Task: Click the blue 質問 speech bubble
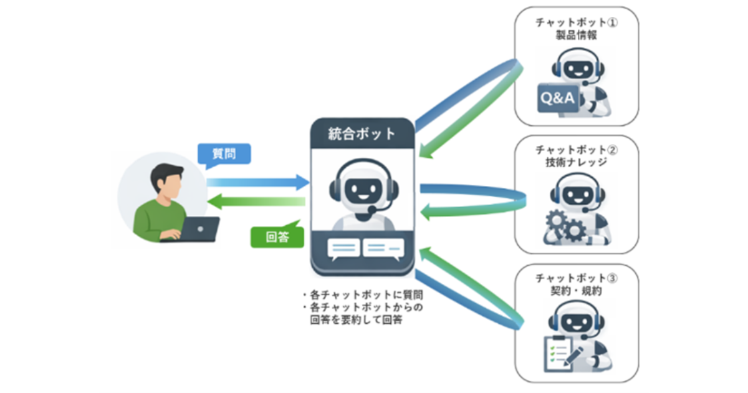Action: pyautogui.click(x=223, y=154)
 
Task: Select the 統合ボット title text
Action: pyautogui.click(x=362, y=133)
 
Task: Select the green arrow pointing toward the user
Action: pyautogui.click(x=256, y=201)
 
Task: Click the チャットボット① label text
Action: pyautogui.click(x=576, y=22)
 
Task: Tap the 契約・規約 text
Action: pyautogui.click(x=576, y=291)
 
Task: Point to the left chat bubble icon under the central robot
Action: pyautogui.click(x=343, y=248)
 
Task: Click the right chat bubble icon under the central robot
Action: pyautogui.click(x=383, y=248)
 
